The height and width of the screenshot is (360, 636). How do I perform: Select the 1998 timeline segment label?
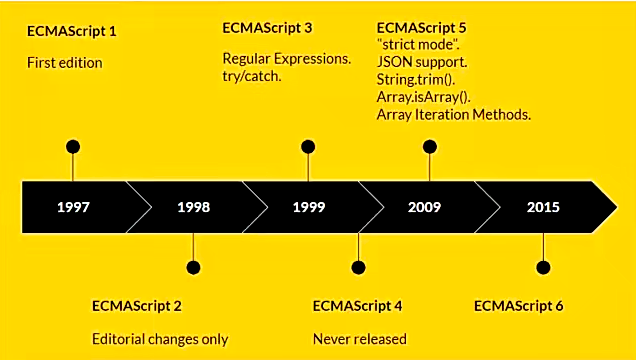pyautogui.click(x=193, y=208)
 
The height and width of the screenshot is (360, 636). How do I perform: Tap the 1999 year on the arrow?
pyautogui.click(x=310, y=208)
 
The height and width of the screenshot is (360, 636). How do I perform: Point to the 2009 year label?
pyautogui.click(x=425, y=208)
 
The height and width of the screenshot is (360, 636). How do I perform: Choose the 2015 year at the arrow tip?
pyautogui.click(x=543, y=208)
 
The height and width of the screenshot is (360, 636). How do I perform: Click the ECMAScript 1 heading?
pyautogui.click(x=71, y=31)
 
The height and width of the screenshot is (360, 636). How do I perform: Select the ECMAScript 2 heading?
pyautogui.click(x=137, y=305)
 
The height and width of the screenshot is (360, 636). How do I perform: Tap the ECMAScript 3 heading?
pyautogui.click(x=267, y=27)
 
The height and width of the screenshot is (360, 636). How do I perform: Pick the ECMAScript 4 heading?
pyautogui.click(x=358, y=305)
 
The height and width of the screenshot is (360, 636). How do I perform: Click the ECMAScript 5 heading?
pyautogui.click(x=422, y=27)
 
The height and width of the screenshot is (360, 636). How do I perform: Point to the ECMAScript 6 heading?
pyautogui.click(x=519, y=305)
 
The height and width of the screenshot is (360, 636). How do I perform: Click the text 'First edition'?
pyautogui.click(x=64, y=63)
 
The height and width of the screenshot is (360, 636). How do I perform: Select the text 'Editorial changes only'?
pyautogui.click(x=160, y=338)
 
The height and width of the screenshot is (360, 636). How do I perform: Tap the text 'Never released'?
pyautogui.click(x=359, y=338)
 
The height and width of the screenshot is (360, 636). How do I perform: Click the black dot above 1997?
pyautogui.click(x=72, y=147)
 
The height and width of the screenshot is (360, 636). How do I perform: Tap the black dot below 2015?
pyautogui.click(x=543, y=267)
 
